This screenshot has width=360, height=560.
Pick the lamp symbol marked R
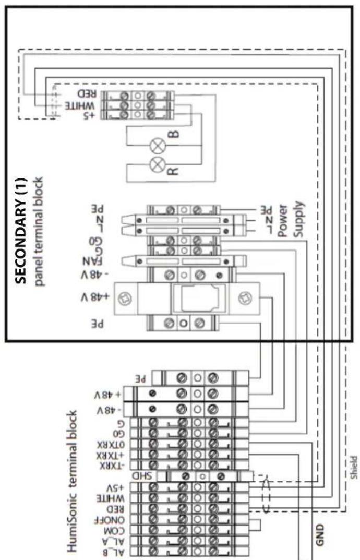[156, 165]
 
